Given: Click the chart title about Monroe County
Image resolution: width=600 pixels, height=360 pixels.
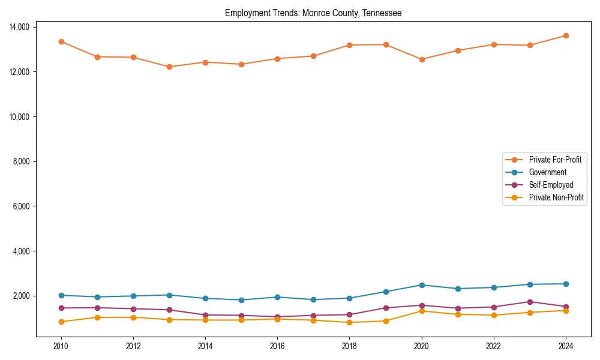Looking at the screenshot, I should pyautogui.click(x=313, y=13).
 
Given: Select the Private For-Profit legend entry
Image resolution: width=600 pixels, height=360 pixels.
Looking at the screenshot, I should pyautogui.click(x=550, y=160).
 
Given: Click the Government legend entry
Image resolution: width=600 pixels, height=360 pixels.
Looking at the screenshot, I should pyautogui.click(x=547, y=172).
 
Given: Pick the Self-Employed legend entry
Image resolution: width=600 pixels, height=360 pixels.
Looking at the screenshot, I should pyautogui.click(x=551, y=185).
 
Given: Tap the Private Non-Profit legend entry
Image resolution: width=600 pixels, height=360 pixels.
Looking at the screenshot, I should pyautogui.click(x=556, y=197).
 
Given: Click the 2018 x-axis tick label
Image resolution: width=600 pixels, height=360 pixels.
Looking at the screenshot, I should pyautogui.click(x=349, y=346).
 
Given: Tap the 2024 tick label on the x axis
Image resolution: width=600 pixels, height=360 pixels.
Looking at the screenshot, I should pyautogui.click(x=566, y=346).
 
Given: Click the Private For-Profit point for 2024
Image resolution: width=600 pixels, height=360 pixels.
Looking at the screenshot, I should pyautogui.click(x=566, y=35).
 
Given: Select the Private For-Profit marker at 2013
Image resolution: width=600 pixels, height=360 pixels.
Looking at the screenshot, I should pyautogui.click(x=169, y=67).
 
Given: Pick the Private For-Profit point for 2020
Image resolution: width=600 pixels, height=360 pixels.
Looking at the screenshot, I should pyautogui.click(x=422, y=59).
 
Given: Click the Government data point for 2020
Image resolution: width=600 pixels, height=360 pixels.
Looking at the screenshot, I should pyautogui.click(x=422, y=285).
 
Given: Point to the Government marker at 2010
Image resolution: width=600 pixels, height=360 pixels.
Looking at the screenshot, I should pyautogui.click(x=61, y=295).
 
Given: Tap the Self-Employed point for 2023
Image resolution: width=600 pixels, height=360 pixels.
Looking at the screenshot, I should pyautogui.click(x=530, y=302).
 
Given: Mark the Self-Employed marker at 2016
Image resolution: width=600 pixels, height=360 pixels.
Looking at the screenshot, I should pyautogui.click(x=277, y=317).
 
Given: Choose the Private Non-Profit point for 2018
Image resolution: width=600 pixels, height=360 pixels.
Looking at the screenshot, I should pyautogui.click(x=349, y=322).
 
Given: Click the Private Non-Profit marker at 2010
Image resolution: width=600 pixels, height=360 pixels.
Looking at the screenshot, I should pyautogui.click(x=61, y=322).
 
